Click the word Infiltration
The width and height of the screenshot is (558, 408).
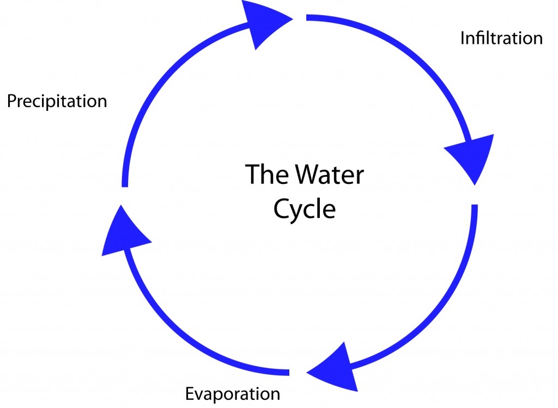pyautogui.click(x=501, y=38)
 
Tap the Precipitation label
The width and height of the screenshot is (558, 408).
pyautogui.click(x=57, y=101)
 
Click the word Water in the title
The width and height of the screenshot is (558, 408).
pyautogui.click(x=330, y=175)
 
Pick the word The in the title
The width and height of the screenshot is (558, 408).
pyautogui.click(x=267, y=174)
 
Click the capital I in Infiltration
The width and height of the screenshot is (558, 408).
pyautogui.click(x=462, y=38)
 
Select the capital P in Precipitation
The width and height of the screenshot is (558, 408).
pyautogui.click(x=12, y=101)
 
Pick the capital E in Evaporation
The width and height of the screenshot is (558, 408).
pyautogui.click(x=190, y=394)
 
